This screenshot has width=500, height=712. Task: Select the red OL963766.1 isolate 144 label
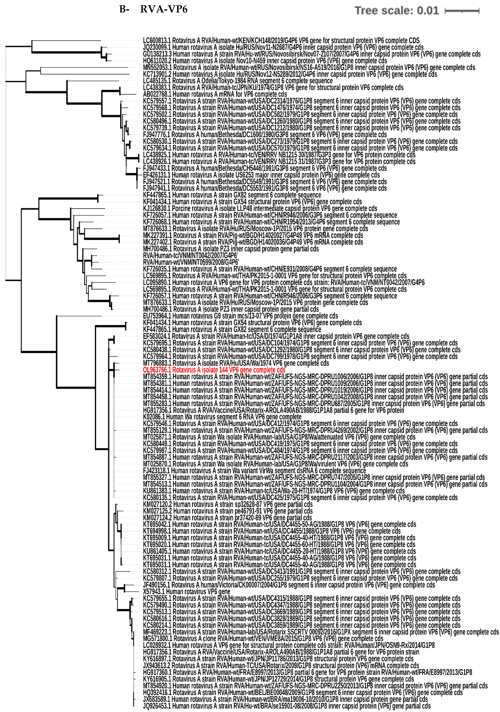click(x=214, y=370)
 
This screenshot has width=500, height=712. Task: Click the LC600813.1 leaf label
click(x=281, y=41)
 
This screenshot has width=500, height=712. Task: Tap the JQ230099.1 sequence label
click(x=283, y=47)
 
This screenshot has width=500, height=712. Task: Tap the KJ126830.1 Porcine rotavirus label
click(x=260, y=208)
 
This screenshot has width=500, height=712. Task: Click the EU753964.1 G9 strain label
click(x=240, y=316)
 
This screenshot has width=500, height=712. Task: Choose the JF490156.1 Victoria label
click(x=289, y=585)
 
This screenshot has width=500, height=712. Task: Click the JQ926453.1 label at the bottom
click(x=286, y=706)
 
